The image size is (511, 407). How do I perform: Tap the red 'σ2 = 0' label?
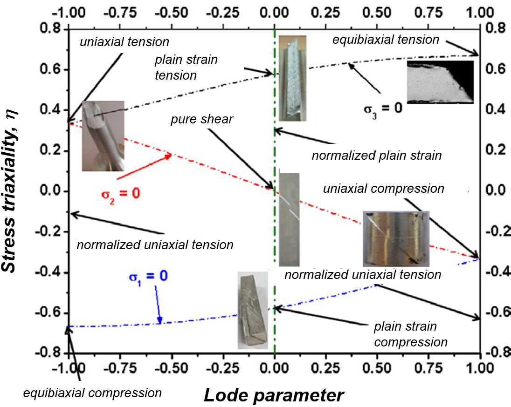click(120, 193)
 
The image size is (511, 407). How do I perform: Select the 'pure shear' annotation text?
click(201, 120)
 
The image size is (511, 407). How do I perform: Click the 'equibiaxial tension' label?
click(386, 40)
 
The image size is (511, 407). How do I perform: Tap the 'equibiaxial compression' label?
click(92, 393)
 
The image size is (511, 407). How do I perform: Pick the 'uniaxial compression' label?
click(383, 189)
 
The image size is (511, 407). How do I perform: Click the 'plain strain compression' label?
click(411, 333)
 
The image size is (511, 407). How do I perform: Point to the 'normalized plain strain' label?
click(376, 155)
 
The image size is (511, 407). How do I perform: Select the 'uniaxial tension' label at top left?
click(124, 42)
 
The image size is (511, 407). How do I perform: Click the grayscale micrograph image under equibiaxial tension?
click(440, 81)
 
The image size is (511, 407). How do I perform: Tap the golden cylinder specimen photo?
click(396, 238)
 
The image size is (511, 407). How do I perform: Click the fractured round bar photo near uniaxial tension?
click(103, 136)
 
